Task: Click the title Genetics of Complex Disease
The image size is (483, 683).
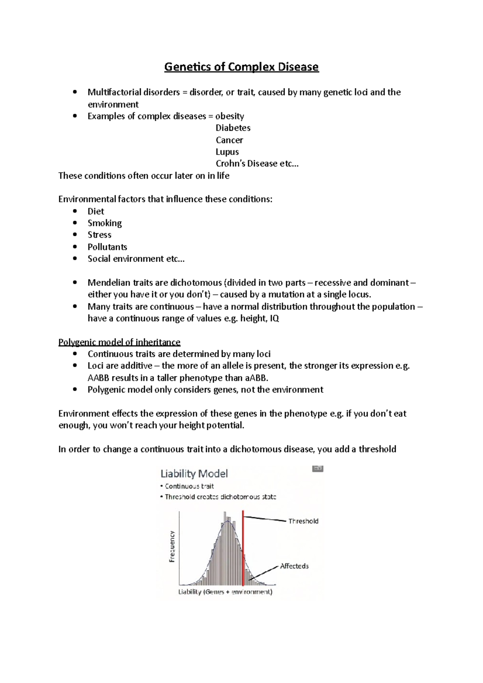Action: (x=241, y=67)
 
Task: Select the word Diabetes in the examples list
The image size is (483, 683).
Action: (x=233, y=128)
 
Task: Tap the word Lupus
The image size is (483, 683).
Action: (x=227, y=152)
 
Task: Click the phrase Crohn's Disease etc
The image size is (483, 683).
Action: (x=257, y=164)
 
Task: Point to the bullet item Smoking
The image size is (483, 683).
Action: (x=105, y=223)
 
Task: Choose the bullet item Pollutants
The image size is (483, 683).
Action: (x=107, y=247)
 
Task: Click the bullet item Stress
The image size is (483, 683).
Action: (x=99, y=235)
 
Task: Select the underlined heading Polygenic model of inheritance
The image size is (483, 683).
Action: (x=119, y=342)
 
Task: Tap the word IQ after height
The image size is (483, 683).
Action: (x=274, y=319)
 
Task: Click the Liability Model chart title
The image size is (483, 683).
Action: (x=194, y=473)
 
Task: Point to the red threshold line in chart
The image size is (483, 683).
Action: (x=243, y=547)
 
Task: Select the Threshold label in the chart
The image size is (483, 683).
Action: (x=303, y=521)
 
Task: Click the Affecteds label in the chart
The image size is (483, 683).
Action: (x=294, y=566)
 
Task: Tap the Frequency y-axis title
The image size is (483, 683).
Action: (x=172, y=546)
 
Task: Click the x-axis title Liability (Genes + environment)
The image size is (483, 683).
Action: (x=225, y=592)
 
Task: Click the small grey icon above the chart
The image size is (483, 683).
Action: (x=318, y=469)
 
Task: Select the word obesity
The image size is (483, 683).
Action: (x=229, y=116)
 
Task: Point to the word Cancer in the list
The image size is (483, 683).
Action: (x=229, y=140)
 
